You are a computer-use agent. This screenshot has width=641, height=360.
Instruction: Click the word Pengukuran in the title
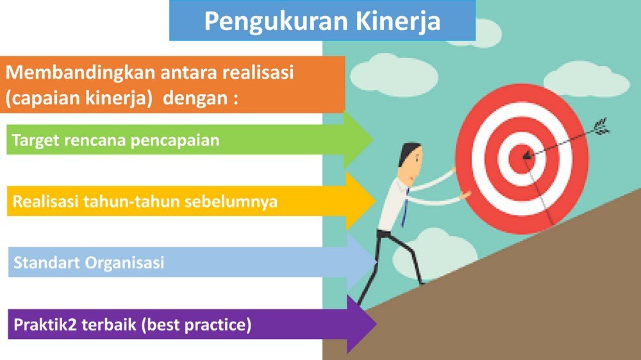276,22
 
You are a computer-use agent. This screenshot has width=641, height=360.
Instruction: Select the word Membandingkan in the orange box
80,72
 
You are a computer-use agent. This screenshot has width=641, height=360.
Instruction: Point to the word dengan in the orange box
196,98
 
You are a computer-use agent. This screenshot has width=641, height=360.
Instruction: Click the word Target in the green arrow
35,140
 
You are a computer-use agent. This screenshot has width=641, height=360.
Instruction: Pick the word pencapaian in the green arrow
175,141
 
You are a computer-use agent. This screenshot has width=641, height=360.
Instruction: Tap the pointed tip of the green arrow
372,140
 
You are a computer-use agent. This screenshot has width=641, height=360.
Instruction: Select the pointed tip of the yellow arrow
375,200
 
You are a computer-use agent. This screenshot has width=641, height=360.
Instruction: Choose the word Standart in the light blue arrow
46,263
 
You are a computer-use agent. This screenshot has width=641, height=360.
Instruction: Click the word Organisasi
125,263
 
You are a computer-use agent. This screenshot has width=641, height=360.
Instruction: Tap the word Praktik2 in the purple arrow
45,325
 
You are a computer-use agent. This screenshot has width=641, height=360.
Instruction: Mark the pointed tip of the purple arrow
376,323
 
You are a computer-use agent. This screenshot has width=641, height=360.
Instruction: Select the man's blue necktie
404,208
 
